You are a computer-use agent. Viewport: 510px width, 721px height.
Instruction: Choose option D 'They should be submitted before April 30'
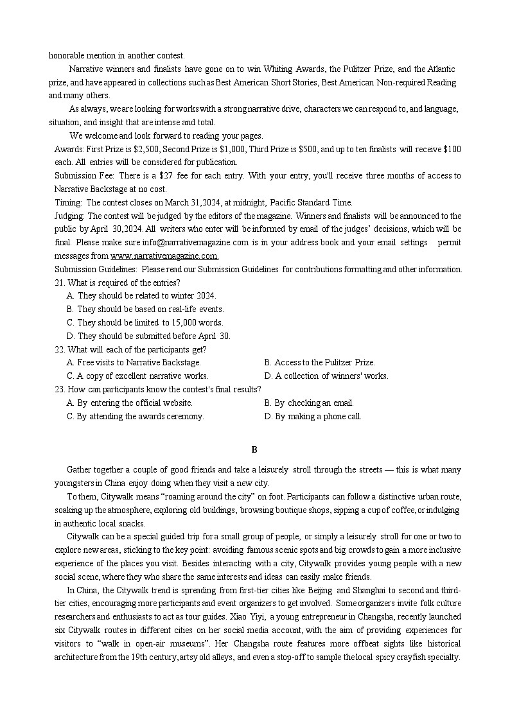[148, 336]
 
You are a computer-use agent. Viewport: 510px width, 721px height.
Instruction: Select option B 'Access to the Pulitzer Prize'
[319, 363]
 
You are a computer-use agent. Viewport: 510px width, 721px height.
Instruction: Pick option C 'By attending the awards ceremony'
[135, 416]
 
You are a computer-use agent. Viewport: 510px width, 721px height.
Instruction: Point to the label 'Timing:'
[68, 202]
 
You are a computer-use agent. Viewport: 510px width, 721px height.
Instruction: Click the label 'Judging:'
[69, 216]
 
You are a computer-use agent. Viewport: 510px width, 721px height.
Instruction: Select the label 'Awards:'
[69, 149]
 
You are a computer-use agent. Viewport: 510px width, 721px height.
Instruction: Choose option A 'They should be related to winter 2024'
[141, 296]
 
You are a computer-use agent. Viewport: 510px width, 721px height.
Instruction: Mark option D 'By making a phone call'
[313, 416]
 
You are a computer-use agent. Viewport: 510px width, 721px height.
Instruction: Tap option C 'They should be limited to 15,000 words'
[145, 322]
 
